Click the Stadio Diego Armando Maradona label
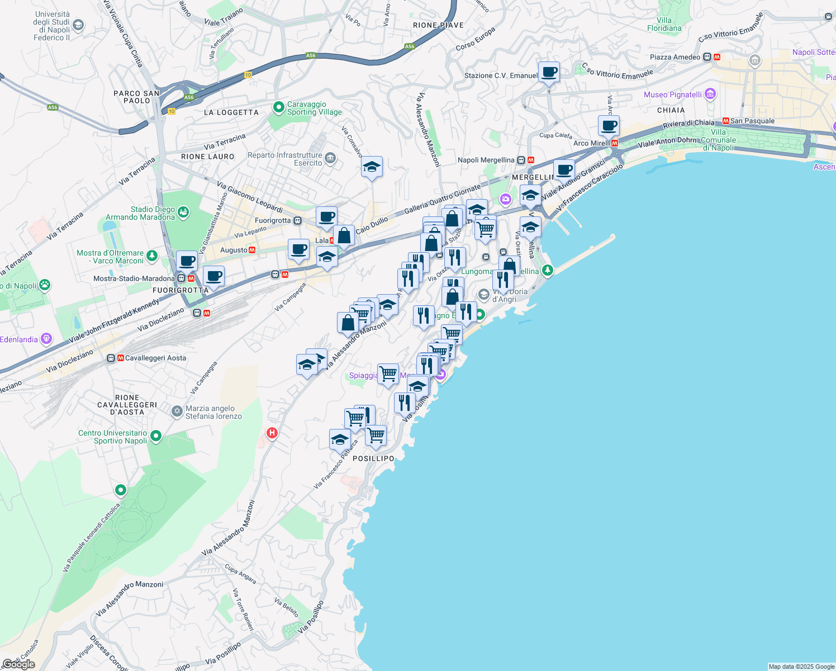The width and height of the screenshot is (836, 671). tap(141, 213)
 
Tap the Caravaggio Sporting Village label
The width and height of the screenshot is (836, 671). tap(314, 108)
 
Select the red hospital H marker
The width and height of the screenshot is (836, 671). tap(272, 433)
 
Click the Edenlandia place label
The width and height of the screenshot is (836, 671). tap(19, 339)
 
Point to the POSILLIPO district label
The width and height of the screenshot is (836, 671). tap(374, 459)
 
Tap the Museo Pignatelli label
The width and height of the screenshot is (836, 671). tap(673, 94)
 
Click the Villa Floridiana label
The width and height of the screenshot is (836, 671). tap(664, 24)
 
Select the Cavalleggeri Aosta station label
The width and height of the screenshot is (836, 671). tap(155, 358)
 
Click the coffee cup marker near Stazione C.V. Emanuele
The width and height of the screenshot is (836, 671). tap(549, 72)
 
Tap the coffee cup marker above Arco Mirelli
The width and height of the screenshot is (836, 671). tap(609, 126)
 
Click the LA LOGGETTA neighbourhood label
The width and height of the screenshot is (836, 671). tap(231, 112)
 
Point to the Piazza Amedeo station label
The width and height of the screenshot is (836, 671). tap(675, 57)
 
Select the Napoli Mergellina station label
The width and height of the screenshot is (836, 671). tap(486, 160)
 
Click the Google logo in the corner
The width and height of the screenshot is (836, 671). tap(19, 664)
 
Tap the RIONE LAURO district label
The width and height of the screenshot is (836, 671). tap(208, 157)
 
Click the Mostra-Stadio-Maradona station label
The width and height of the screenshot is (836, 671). tap(134, 278)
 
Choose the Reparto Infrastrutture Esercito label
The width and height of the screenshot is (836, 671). tap(285, 159)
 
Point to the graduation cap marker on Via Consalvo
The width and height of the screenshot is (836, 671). tap(372, 167)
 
